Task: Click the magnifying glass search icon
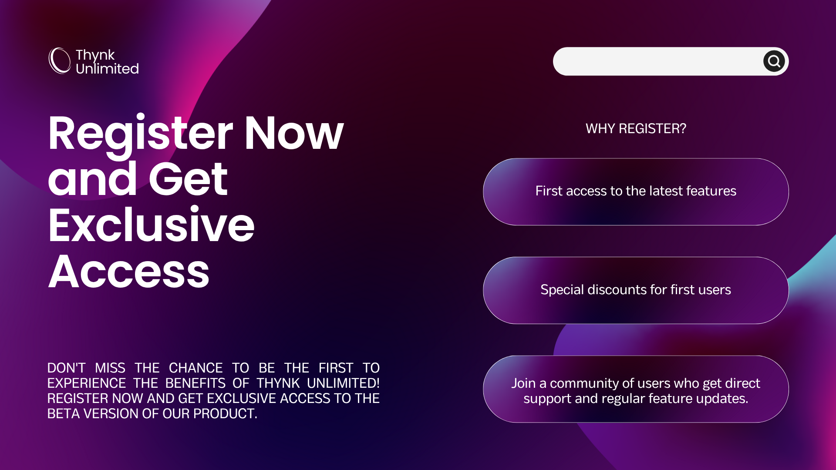pos(774,61)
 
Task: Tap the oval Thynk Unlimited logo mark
pos(60,60)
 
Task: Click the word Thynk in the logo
pos(95,55)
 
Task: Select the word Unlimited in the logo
pos(107,69)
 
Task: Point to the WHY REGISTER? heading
pos(636,128)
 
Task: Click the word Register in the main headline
pos(141,135)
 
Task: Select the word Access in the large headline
pos(129,272)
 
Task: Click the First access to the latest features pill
pos(636,191)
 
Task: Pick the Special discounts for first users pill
pos(636,290)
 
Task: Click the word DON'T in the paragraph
pos(66,368)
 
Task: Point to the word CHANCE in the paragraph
pos(196,368)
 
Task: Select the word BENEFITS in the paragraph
pos(196,383)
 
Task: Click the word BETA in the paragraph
pos(64,414)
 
